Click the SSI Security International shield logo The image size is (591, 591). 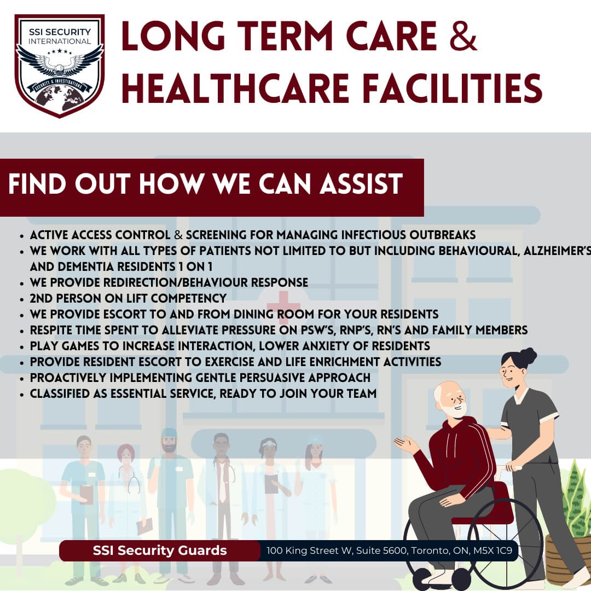pyautogui.click(x=60, y=66)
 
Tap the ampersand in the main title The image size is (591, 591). pyautogui.click(x=463, y=36)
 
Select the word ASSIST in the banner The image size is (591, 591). pyautogui.click(x=361, y=184)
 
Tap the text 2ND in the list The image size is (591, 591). pyautogui.click(x=38, y=298)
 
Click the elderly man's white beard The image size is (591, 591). pyautogui.click(x=456, y=410)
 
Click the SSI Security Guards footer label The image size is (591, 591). pyautogui.click(x=160, y=551)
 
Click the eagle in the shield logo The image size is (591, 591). pyautogui.click(x=60, y=60)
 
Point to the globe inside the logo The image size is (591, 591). pyautogui.click(x=60, y=98)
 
